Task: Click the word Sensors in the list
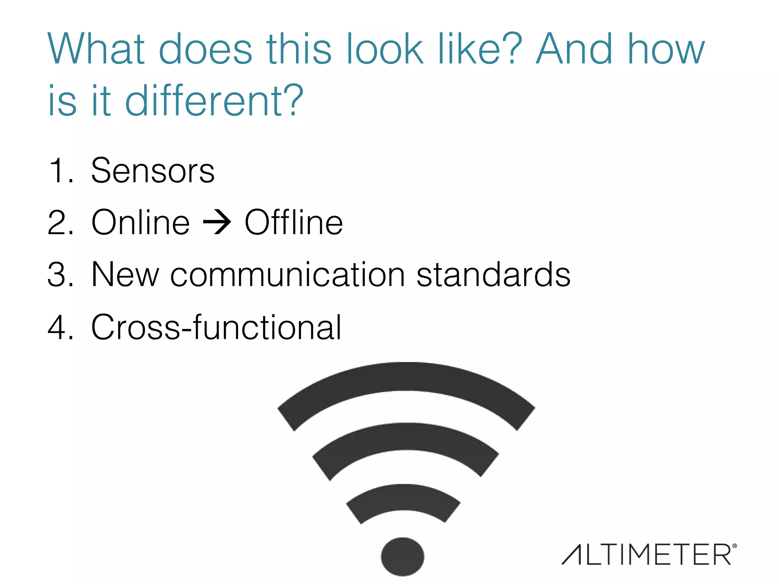153,171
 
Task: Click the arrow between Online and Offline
217,222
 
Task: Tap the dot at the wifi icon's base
402,557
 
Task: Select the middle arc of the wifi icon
405,436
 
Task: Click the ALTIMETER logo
647,555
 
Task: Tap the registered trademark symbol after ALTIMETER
734,546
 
